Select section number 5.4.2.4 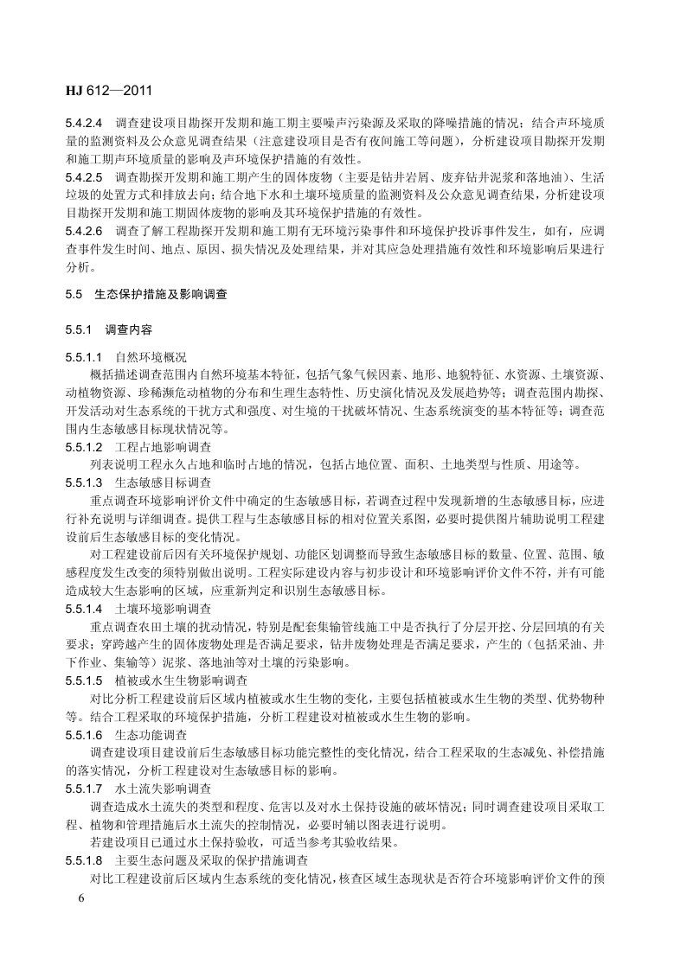point(84,124)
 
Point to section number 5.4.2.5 point(84,177)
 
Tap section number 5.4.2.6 point(84,232)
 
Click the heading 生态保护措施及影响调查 point(161,295)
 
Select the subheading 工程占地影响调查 point(163,447)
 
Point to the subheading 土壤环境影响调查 point(163,609)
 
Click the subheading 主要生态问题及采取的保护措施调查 point(211,860)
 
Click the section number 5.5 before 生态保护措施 point(73,295)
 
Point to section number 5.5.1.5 point(84,680)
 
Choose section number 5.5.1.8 point(84,860)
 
